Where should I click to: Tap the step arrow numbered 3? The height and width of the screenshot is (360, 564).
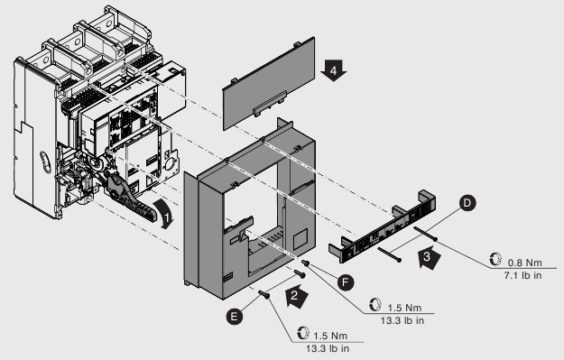[x=430, y=260]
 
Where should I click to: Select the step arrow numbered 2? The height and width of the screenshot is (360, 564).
[x=294, y=294]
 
